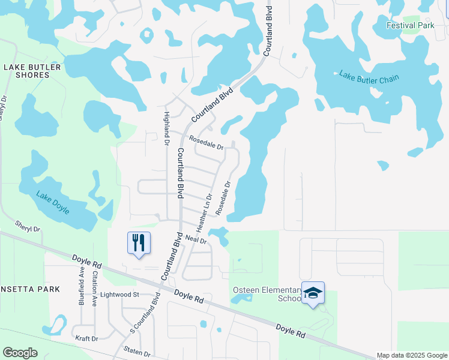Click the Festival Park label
point(410,26)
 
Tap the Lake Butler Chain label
point(369,77)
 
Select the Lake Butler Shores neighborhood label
point(32,71)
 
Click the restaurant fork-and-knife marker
point(139,243)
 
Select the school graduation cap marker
point(313,293)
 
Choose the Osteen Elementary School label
point(267,294)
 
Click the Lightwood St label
point(119,295)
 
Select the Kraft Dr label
point(86,338)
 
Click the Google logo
point(20,353)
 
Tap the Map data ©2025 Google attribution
point(412,355)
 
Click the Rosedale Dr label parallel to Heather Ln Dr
point(222,199)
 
